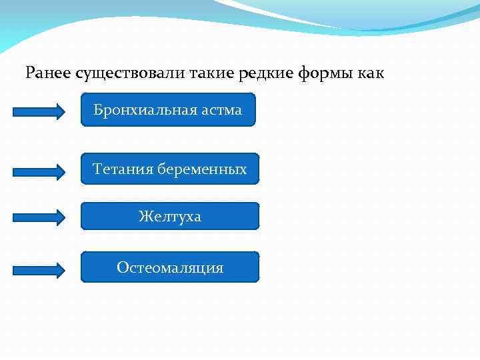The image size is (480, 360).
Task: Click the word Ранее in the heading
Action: (x=49, y=73)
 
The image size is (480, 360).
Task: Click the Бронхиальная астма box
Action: (x=168, y=110)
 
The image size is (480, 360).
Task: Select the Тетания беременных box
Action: (x=170, y=169)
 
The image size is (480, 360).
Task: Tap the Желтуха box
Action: (x=170, y=217)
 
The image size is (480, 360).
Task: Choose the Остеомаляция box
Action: (x=170, y=268)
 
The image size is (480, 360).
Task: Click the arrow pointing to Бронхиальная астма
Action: (x=39, y=111)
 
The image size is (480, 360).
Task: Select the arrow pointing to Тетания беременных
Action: (x=39, y=171)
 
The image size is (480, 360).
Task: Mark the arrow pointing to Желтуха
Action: (x=39, y=217)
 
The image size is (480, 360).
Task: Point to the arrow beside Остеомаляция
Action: (x=39, y=270)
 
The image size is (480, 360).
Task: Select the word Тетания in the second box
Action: (x=123, y=169)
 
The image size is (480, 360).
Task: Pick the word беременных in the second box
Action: (x=202, y=169)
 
